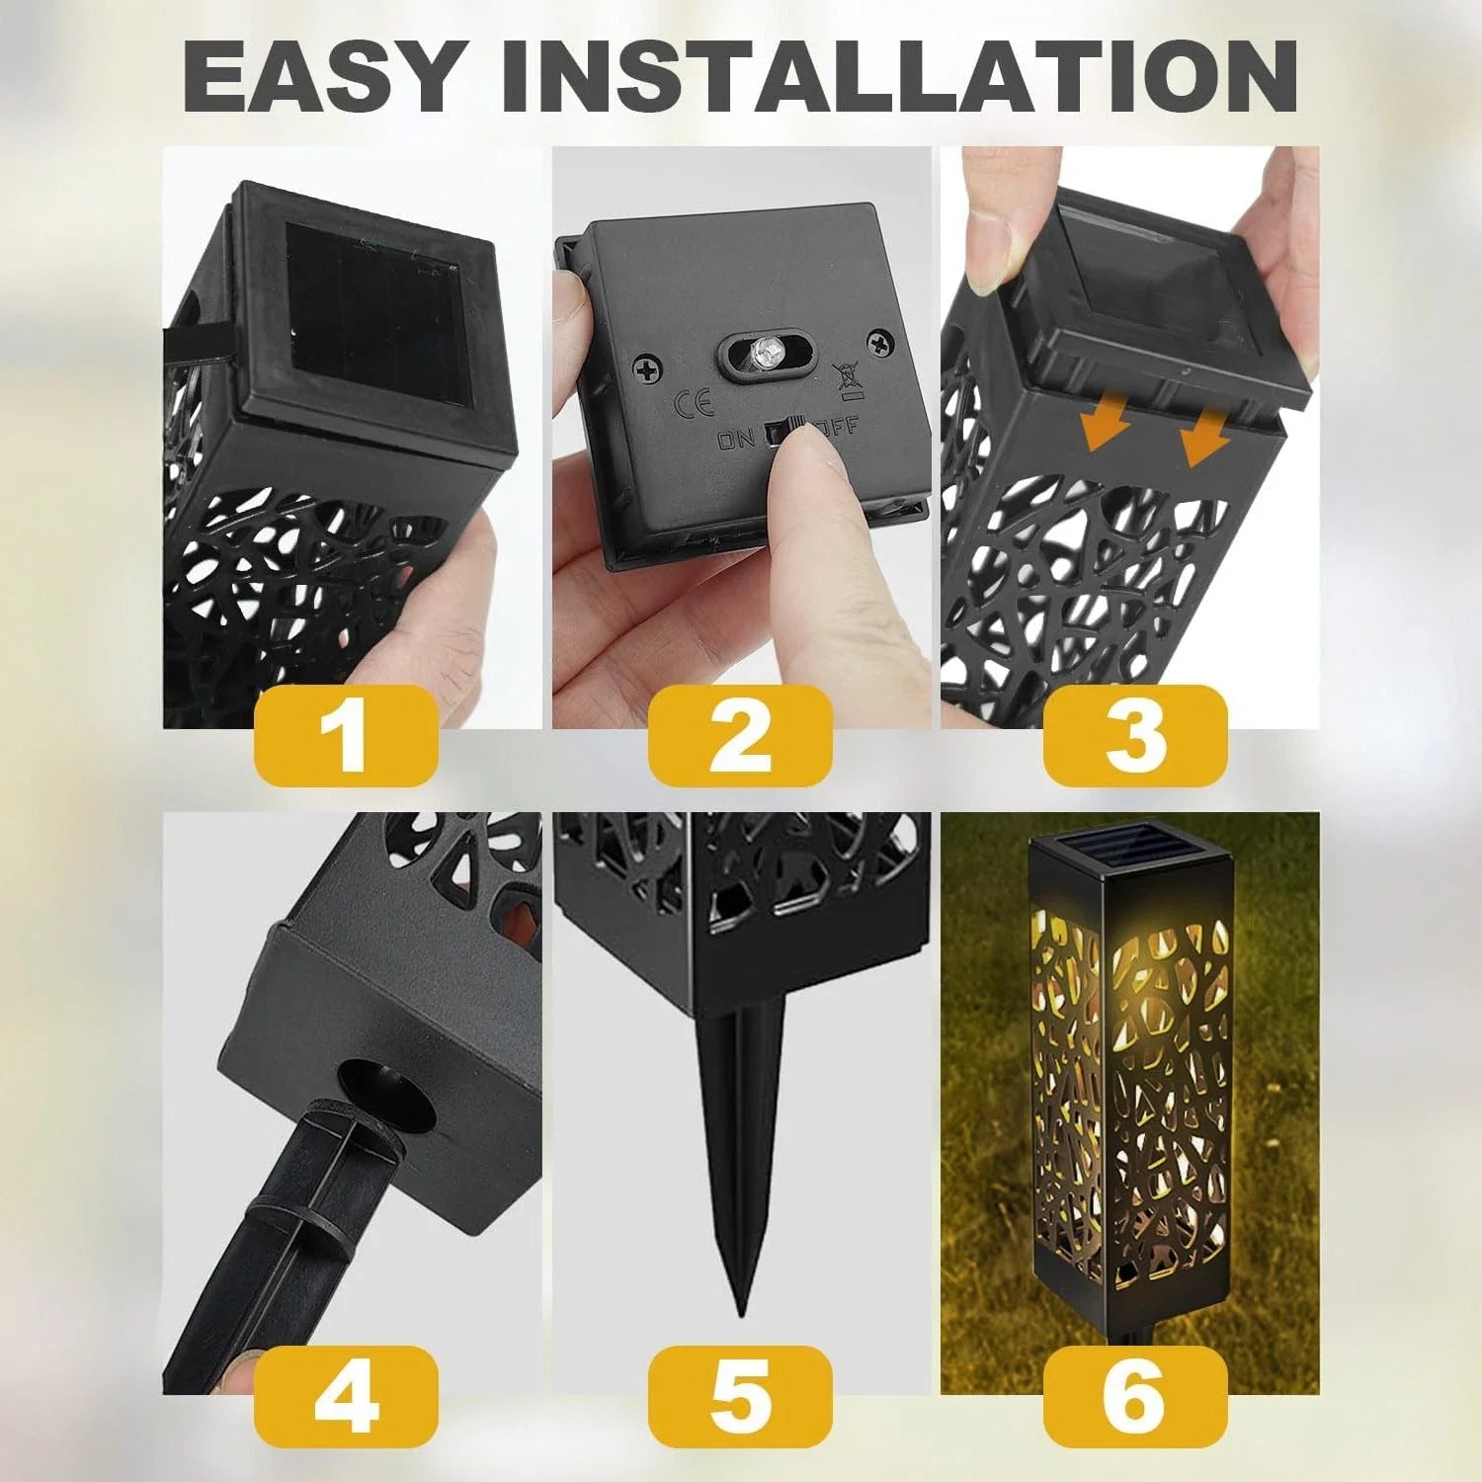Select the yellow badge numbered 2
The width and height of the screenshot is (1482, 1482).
(740, 736)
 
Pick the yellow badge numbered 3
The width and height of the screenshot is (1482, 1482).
(1135, 736)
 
